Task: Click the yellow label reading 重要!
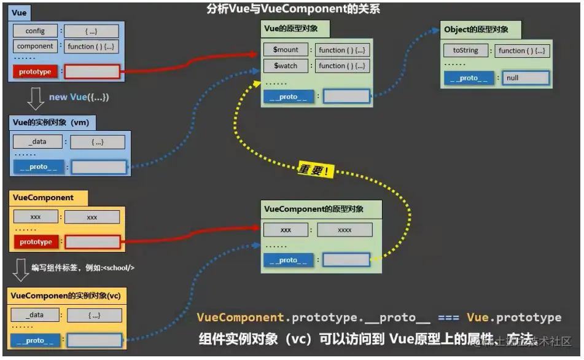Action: pyautogui.click(x=315, y=170)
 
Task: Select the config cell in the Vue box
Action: pyautogui.click(x=35, y=31)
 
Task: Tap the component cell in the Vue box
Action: pyautogui.click(x=35, y=46)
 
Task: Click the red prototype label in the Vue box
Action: pyautogui.click(x=35, y=72)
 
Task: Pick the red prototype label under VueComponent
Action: pyautogui.click(x=36, y=242)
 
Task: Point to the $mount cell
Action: pyautogui.click(x=286, y=50)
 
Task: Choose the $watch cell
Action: pyautogui.click(x=286, y=65)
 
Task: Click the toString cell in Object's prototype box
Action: pyautogui.click(x=465, y=50)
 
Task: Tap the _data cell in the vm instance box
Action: pyautogui.click(x=37, y=142)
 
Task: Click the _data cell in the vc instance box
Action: pyautogui.click(x=36, y=315)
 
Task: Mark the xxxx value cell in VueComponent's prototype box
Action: pyautogui.click(x=345, y=230)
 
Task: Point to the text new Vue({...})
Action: pyautogui.click(x=79, y=97)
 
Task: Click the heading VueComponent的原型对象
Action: pyautogui.click(x=314, y=209)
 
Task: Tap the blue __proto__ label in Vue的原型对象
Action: pyautogui.click(x=288, y=96)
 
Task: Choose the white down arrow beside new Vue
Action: pyautogui.click(x=36, y=98)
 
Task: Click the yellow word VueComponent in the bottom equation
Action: pyautogui.click(x=240, y=318)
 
